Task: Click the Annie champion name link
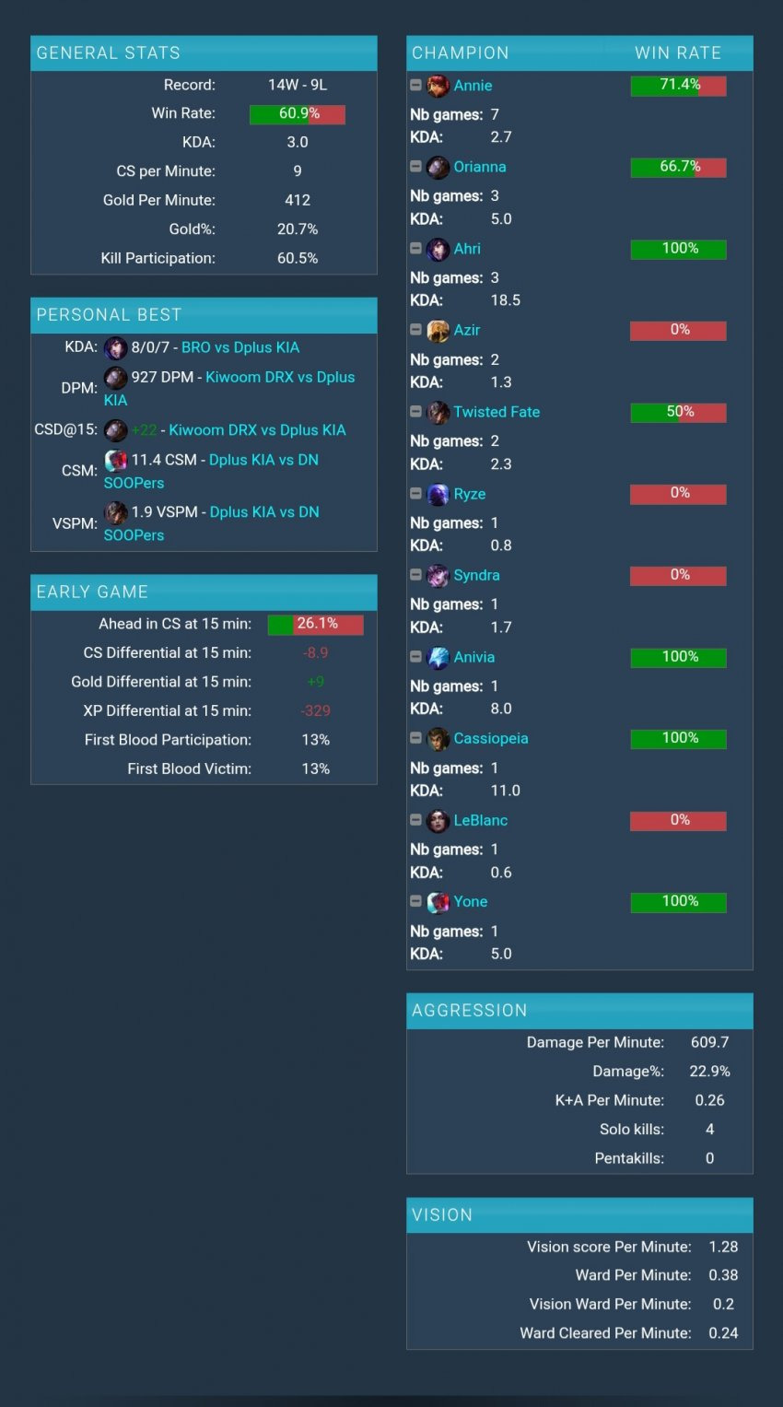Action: tap(473, 86)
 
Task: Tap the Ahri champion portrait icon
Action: tap(438, 249)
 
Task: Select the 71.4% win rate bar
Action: tap(678, 86)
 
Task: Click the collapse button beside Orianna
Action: tap(415, 166)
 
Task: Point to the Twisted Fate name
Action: tap(497, 412)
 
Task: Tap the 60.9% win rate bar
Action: tap(297, 113)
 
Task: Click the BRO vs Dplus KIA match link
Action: tap(240, 347)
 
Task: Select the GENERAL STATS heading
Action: tap(108, 53)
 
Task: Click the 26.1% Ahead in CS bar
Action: tap(315, 625)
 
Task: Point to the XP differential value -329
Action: tap(315, 710)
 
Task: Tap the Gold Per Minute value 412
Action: tap(298, 200)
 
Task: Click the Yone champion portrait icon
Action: tap(438, 902)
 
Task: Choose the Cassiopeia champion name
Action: tap(491, 738)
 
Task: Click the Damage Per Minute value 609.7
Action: tap(709, 1042)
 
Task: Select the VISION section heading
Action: tap(442, 1214)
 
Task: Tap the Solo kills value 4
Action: tap(709, 1129)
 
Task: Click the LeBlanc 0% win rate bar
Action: tap(678, 820)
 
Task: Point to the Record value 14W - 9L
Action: tap(298, 85)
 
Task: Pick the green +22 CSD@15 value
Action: tap(145, 430)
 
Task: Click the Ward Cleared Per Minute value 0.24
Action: tap(723, 1332)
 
